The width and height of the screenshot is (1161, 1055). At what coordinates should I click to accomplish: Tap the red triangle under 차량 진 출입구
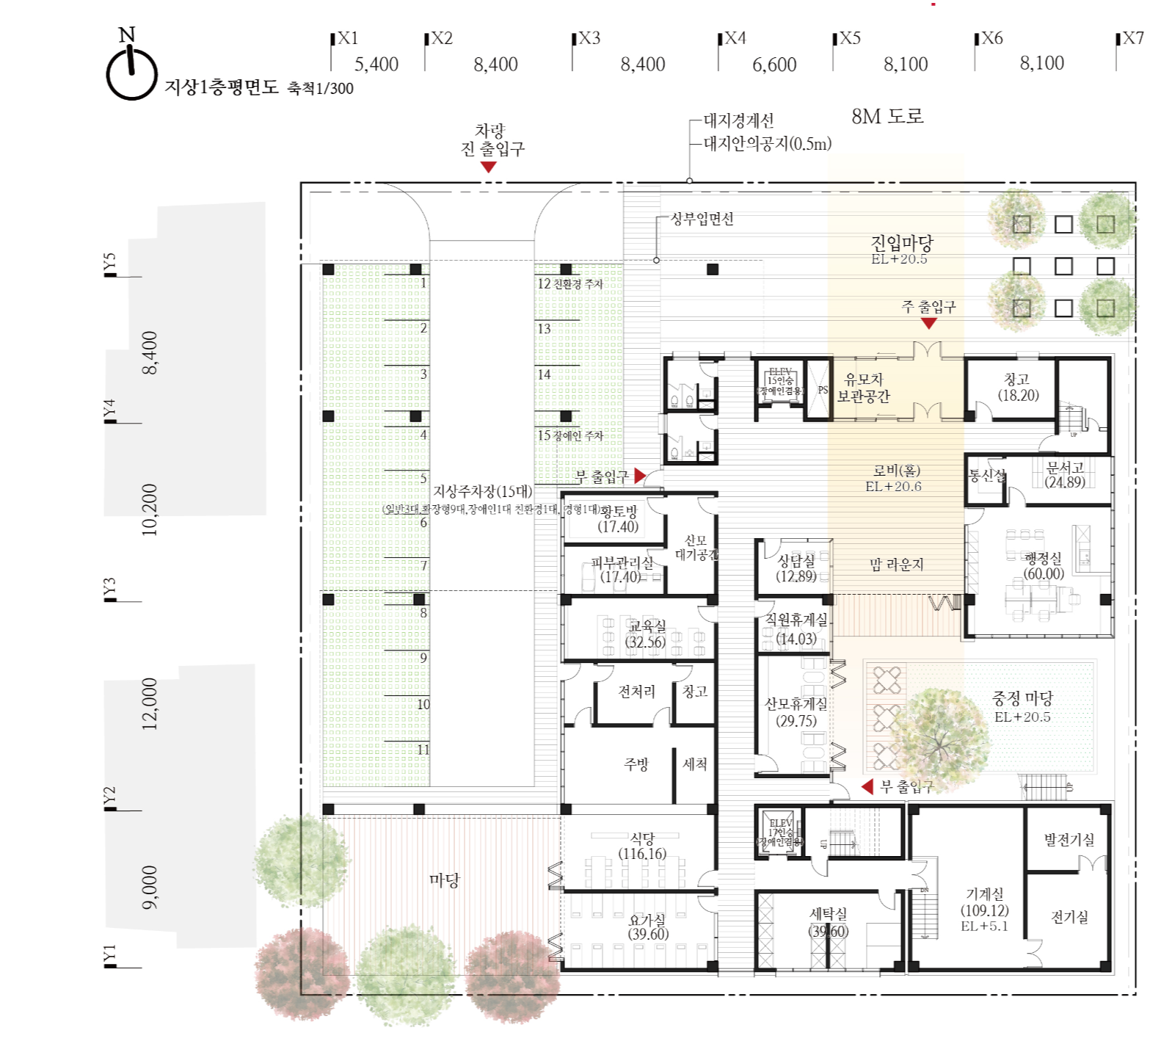(x=488, y=167)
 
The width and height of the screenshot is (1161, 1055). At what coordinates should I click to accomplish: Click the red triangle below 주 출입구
(x=928, y=323)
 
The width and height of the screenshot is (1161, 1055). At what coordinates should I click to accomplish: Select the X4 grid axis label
(x=735, y=38)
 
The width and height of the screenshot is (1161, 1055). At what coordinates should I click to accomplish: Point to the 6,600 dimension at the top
(x=774, y=65)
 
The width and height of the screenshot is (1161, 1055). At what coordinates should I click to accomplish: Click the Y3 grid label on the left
(x=109, y=588)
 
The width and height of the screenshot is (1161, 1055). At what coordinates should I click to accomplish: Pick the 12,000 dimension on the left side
(x=150, y=703)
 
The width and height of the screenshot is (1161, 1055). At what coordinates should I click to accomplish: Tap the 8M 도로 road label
(x=887, y=116)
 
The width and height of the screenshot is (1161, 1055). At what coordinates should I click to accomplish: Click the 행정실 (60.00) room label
(x=1044, y=566)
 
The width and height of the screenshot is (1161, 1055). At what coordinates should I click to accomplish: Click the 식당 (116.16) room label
(x=642, y=846)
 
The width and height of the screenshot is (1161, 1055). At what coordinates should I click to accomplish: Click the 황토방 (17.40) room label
(x=619, y=518)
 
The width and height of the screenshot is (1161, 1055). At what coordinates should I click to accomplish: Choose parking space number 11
(x=423, y=750)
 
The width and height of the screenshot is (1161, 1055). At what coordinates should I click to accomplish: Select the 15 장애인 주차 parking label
(x=570, y=435)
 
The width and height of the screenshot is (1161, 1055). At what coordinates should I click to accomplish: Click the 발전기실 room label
(x=1069, y=839)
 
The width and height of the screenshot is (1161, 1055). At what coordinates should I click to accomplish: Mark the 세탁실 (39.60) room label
(x=828, y=922)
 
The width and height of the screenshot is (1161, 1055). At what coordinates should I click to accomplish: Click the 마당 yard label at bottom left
(x=444, y=880)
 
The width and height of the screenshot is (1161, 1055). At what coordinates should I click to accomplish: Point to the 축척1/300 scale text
(x=320, y=88)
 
